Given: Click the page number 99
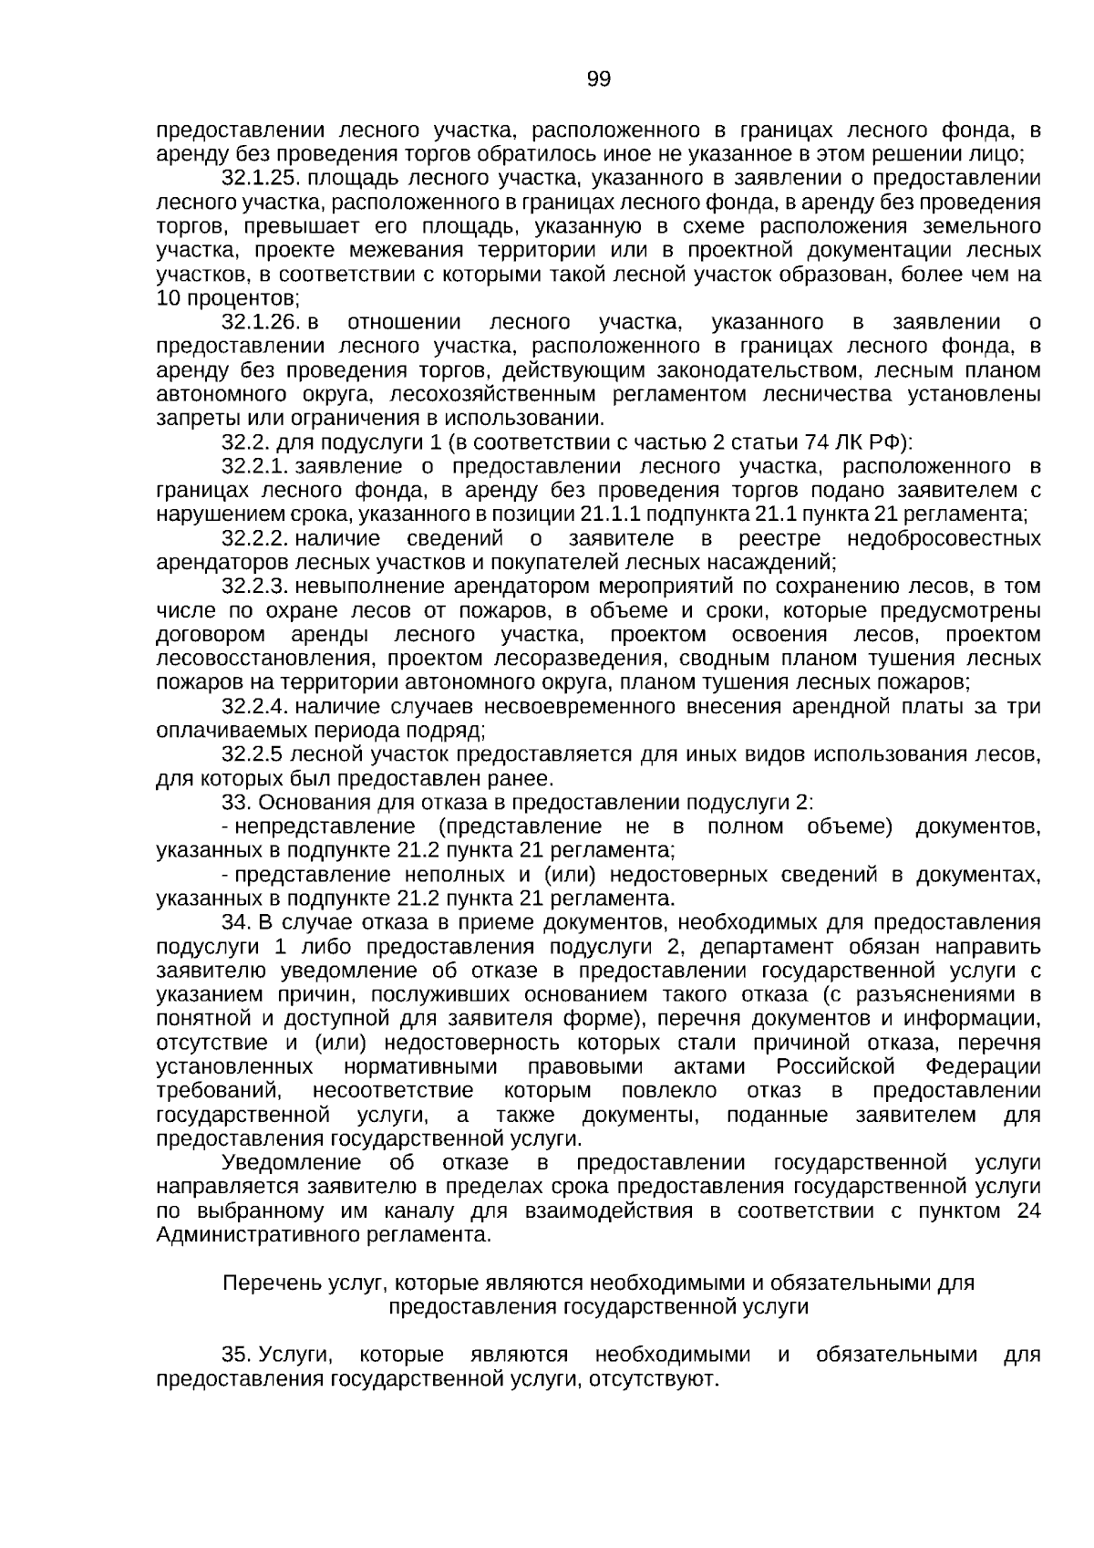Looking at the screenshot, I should point(598,79).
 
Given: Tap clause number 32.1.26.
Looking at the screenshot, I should point(262,322).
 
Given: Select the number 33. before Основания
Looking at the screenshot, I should point(237,803).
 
